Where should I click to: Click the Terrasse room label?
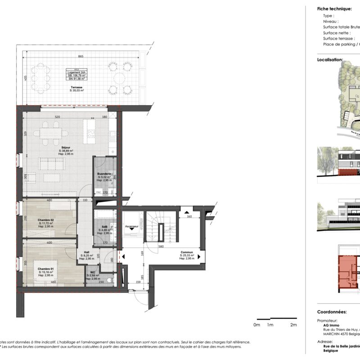(x=77, y=87)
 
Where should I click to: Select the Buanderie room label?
(x=104, y=174)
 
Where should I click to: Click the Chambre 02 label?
(x=46, y=220)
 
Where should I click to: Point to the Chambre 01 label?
(x=46, y=269)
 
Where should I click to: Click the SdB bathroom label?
(x=104, y=227)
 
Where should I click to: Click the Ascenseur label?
(x=131, y=226)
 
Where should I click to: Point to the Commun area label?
(x=187, y=252)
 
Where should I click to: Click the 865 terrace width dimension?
(x=80, y=56)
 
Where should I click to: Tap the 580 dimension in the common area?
(x=161, y=246)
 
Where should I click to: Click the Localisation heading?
(x=330, y=59)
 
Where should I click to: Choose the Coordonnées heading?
(x=331, y=311)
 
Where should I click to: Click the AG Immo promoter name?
(x=331, y=325)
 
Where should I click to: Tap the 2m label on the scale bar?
(x=293, y=325)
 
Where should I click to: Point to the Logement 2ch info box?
(x=77, y=74)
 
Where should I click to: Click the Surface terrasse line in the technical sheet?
(x=338, y=38)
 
